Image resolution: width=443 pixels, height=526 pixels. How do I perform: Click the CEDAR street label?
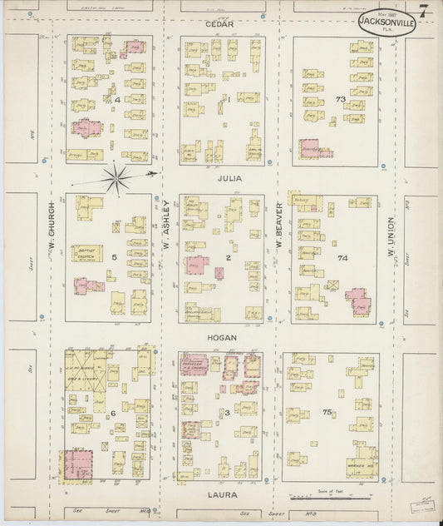point(220,25)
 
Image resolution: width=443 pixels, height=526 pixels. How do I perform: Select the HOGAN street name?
point(222,338)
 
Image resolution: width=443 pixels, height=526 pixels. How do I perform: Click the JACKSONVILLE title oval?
point(387,22)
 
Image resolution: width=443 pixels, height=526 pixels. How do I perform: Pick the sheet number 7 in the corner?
point(425,12)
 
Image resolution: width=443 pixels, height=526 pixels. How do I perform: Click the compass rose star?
point(116,176)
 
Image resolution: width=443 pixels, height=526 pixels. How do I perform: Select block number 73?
point(340,99)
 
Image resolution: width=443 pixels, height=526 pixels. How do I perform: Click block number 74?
point(342,259)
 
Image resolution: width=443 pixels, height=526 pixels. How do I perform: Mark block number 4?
point(119,101)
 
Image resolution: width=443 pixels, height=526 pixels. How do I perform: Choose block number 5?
point(114,258)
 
